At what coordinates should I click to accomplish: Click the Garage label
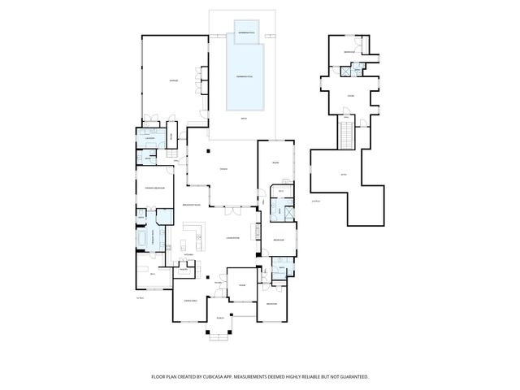(x=173, y=80)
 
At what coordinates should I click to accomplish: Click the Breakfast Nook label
(x=193, y=204)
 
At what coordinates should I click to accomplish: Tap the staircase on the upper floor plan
(x=344, y=132)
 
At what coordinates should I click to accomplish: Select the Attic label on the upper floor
(x=343, y=173)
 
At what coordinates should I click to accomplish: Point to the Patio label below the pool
(x=243, y=119)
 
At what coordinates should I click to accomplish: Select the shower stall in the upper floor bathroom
(x=347, y=71)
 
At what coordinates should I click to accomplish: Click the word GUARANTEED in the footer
(x=352, y=376)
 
